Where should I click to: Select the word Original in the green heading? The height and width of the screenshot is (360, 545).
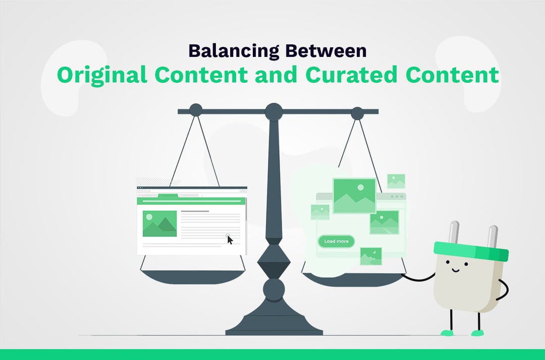(101, 75)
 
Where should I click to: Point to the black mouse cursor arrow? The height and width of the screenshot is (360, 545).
(230, 239)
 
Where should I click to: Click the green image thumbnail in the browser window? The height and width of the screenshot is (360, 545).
(159, 223)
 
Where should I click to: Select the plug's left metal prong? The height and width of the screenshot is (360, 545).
(454, 232)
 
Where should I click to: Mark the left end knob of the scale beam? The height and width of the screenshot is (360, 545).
(195, 110)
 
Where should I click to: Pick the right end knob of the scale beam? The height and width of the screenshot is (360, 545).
(357, 113)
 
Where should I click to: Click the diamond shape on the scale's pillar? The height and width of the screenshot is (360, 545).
(274, 262)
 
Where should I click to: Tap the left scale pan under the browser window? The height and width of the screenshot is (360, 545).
(192, 277)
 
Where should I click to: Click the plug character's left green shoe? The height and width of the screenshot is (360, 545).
(447, 332)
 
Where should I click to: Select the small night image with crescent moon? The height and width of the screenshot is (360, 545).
(370, 256)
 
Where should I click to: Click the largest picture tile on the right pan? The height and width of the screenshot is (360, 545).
(354, 196)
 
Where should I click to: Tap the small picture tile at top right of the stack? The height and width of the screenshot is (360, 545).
(396, 181)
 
